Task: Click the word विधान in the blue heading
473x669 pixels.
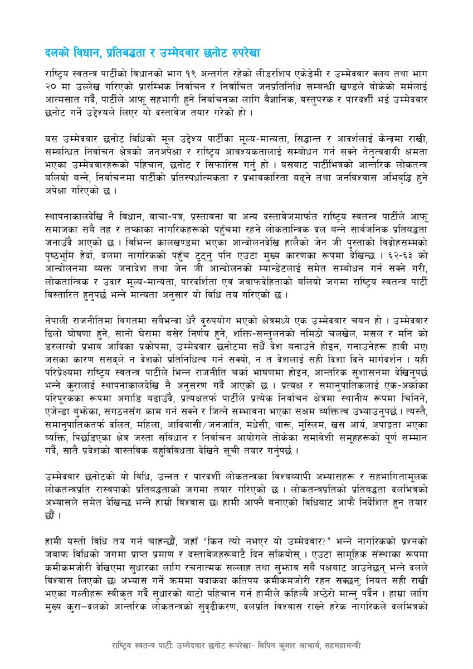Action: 84,54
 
